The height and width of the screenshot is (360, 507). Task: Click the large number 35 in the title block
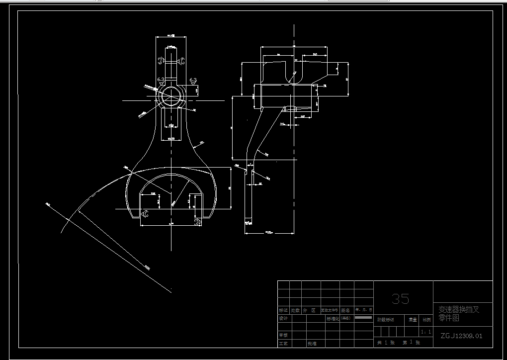click(x=400, y=298)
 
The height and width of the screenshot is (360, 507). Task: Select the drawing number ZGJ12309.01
click(x=461, y=336)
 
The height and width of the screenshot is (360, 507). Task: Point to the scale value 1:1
click(x=426, y=332)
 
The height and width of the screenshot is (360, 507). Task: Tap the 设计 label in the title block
click(x=283, y=318)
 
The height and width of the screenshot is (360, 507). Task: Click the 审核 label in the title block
click(x=283, y=335)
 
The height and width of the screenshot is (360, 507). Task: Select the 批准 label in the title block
click(x=312, y=343)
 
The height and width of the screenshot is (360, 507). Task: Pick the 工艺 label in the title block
click(x=283, y=343)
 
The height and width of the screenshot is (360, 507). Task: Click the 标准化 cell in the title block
click(x=338, y=318)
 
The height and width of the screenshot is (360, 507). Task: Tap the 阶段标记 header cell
click(x=385, y=320)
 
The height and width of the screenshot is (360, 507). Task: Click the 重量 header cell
click(x=413, y=320)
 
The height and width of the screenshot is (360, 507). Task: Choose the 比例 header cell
click(x=426, y=320)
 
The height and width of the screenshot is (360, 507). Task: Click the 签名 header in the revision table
click(x=345, y=310)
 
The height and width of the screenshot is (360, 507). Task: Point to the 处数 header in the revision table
click(x=296, y=310)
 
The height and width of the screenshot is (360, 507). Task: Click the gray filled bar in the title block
click(x=363, y=317)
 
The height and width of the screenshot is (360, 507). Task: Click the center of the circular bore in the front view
click(x=170, y=95)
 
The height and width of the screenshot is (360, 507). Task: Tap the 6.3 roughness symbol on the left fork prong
click(x=145, y=214)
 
